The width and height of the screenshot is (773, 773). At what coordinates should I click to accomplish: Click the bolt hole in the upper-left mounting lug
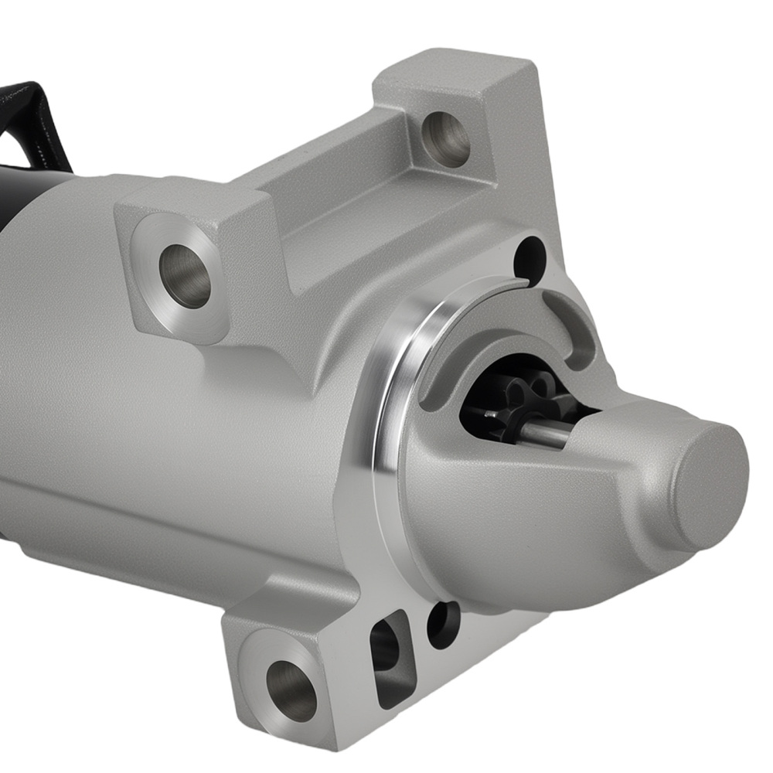click(185, 275)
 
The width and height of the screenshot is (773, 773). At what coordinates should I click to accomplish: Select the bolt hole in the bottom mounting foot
click(291, 690)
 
